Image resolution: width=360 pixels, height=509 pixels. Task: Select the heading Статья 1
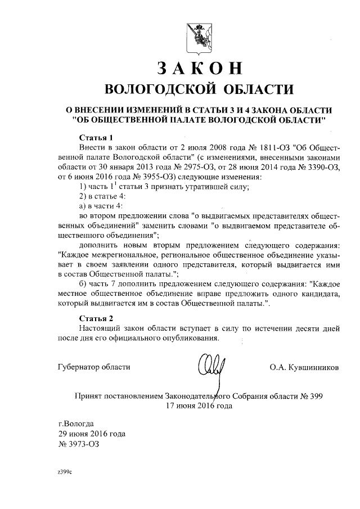(96, 137)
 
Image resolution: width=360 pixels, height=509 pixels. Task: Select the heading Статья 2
(96, 317)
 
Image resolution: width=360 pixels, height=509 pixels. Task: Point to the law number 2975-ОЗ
(196, 167)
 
